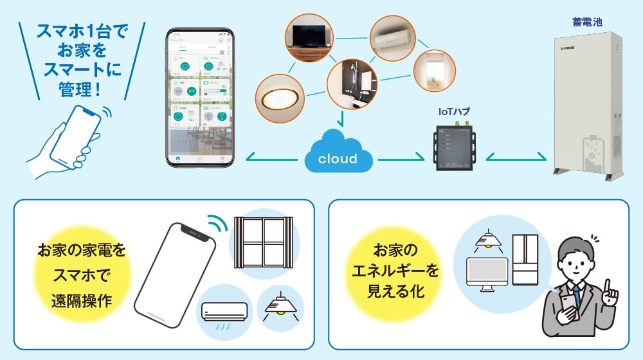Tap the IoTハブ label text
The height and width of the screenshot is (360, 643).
tap(454, 111)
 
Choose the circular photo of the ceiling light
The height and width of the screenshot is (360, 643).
tap(280, 97)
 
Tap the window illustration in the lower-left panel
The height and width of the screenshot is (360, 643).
tap(262, 242)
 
